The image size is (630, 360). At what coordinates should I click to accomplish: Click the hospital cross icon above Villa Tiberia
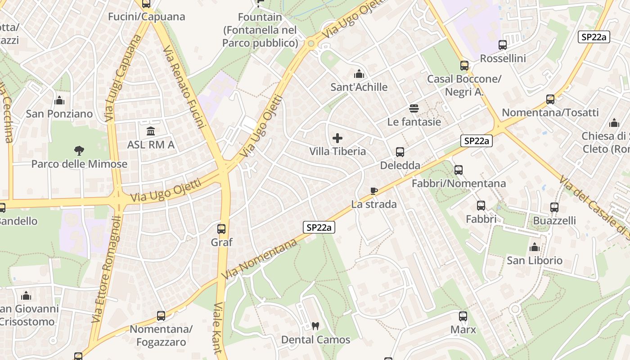[x=337, y=138]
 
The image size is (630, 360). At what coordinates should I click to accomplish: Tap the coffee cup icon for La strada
[x=373, y=191]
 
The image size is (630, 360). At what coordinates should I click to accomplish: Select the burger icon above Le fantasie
[x=414, y=108]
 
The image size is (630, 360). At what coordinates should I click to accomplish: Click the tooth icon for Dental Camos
[x=315, y=326]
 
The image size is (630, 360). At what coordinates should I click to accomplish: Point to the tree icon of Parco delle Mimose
[x=79, y=150]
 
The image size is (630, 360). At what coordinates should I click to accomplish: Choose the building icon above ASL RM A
[x=151, y=131]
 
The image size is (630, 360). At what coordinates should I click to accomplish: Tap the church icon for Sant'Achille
[x=359, y=73]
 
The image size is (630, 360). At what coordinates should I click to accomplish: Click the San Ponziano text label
[x=59, y=114]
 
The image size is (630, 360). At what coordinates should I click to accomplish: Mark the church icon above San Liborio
[x=535, y=247]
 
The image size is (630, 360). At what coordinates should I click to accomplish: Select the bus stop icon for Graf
[x=221, y=229]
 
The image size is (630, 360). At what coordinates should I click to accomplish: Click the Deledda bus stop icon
[x=400, y=152]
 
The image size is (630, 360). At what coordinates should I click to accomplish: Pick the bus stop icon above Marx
[x=463, y=316]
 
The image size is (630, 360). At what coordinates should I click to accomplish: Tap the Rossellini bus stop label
[x=503, y=58]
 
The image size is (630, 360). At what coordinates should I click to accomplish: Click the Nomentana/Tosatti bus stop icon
[x=550, y=99]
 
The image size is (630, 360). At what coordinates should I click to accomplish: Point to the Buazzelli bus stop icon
[x=554, y=207]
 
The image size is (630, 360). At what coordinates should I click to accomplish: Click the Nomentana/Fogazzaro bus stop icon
[x=161, y=316]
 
